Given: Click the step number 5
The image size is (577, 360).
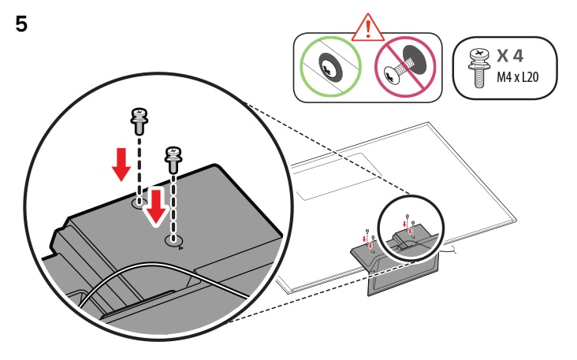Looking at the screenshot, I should click(x=21, y=23).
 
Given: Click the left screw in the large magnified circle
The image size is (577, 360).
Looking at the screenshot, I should click(x=140, y=121).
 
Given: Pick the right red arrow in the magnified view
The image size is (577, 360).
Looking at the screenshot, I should click(x=158, y=206).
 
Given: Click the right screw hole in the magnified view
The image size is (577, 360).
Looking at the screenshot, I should click(x=173, y=239).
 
